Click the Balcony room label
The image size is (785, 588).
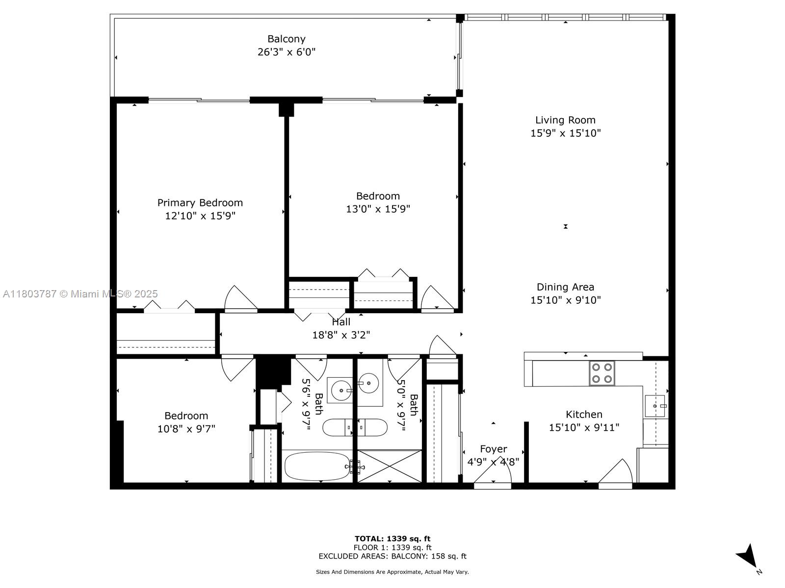coord(286,39)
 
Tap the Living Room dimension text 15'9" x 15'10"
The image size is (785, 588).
coord(565,133)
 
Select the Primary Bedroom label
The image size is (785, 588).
coord(200,202)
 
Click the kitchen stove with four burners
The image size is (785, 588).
coord(602,373)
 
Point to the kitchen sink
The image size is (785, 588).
coord(654,406)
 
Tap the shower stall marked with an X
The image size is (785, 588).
coord(390,466)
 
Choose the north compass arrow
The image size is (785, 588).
coord(749,556)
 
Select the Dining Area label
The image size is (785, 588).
coord(565,287)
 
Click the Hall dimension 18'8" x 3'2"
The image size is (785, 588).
coord(341,335)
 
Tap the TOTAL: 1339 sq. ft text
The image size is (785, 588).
coord(392,539)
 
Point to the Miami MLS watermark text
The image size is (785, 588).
coord(80,294)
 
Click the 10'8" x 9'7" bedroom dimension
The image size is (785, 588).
coord(186,429)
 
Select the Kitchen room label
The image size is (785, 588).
coord(584,414)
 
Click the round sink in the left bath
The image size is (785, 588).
coord(340,391)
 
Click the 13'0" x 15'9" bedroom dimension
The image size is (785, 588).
coord(378,209)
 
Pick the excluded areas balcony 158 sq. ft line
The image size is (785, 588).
coord(392,556)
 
